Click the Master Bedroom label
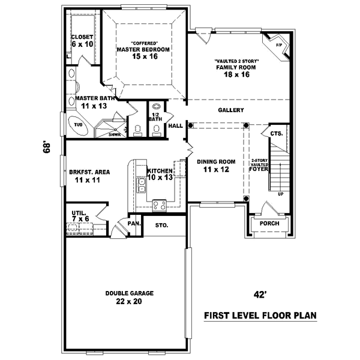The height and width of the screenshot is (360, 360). [143, 53]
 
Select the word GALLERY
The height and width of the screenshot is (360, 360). [230, 110]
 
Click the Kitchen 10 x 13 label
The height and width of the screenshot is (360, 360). [160, 174]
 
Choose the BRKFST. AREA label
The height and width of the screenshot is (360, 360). [89, 176]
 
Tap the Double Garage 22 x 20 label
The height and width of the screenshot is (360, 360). [130, 297]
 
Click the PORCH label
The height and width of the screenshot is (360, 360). [269, 224]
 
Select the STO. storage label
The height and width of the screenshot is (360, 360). [162, 226]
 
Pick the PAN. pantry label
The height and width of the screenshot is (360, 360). [134, 223]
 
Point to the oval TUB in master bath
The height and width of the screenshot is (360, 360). [78, 125]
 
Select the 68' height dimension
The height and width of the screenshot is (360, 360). [46, 147]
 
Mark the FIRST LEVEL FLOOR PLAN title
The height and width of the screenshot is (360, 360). [260, 315]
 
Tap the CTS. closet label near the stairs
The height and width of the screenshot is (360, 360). [276, 133]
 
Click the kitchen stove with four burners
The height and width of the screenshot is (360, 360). [160, 205]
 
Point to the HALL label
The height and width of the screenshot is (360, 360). [175, 126]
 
